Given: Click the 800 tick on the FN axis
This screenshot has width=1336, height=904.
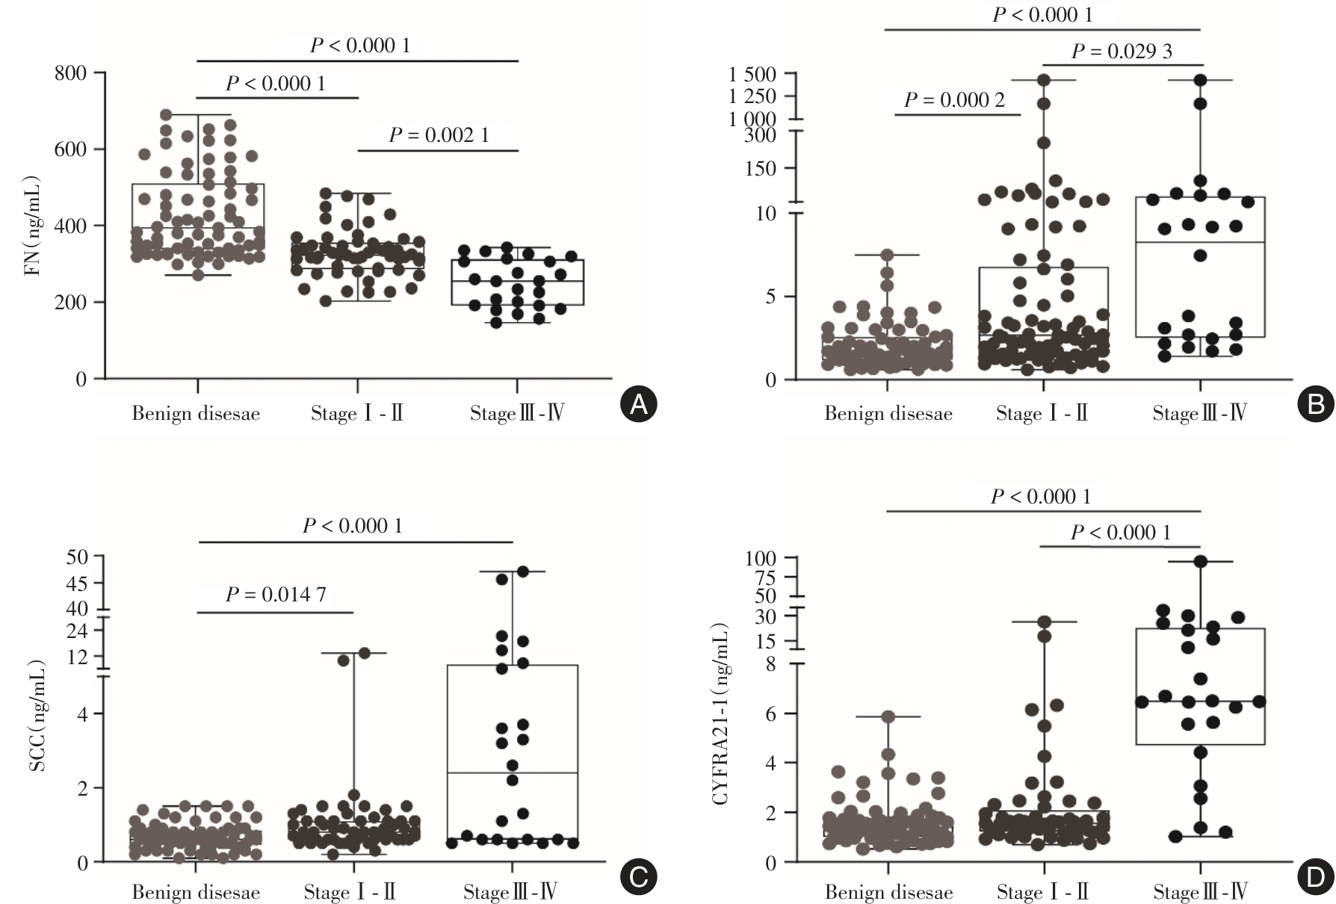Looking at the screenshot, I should (x=71, y=73).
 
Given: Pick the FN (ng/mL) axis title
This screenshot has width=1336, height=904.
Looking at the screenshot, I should (x=34, y=226).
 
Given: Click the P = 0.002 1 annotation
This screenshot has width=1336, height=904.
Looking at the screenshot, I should (x=439, y=135).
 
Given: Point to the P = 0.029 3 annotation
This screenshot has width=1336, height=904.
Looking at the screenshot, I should (x=1122, y=51).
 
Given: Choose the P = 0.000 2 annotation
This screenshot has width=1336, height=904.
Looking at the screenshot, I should (x=954, y=100).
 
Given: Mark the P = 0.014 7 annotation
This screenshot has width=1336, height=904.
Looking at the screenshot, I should (x=276, y=595).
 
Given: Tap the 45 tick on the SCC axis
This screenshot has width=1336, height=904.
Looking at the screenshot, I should (x=76, y=583).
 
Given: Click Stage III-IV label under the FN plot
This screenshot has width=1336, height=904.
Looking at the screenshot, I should (x=516, y=414).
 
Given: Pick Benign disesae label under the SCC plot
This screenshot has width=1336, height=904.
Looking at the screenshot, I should (x=196, y=892).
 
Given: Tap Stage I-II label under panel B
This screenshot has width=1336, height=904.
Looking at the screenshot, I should (x=1042, y=414).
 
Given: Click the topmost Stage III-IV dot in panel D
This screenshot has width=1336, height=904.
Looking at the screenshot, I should (x=1200, y=562).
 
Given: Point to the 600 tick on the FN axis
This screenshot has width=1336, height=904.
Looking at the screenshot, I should (x=71, y=149).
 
